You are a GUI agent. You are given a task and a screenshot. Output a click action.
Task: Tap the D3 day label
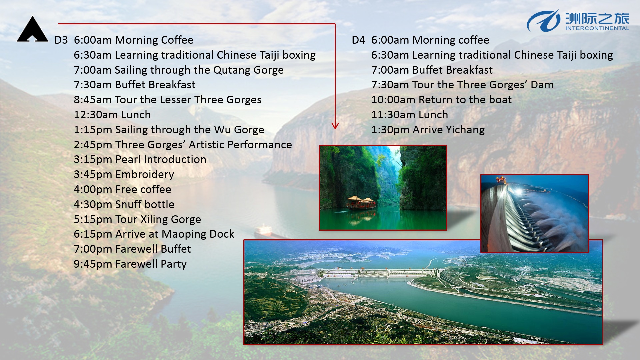tap(61, 40)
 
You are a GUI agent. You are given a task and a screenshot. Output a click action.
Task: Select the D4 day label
tap(358, 40)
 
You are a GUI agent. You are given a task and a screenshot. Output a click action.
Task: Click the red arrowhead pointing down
tap(335, 126)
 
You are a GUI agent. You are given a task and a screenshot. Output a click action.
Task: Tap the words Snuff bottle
tap(145, 204)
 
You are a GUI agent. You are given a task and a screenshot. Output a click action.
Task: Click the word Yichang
tap(465, 130)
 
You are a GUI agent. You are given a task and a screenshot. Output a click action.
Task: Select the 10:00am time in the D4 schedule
tap(393, 100)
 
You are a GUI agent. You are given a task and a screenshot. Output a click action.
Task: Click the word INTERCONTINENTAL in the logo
tap(597, 28)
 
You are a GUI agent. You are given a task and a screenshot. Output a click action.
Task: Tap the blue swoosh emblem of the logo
tap(543, 21)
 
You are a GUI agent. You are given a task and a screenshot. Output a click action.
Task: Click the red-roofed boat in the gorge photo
tap(361, 203)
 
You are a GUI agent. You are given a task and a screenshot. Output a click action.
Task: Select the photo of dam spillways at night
tap(535, 213)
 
